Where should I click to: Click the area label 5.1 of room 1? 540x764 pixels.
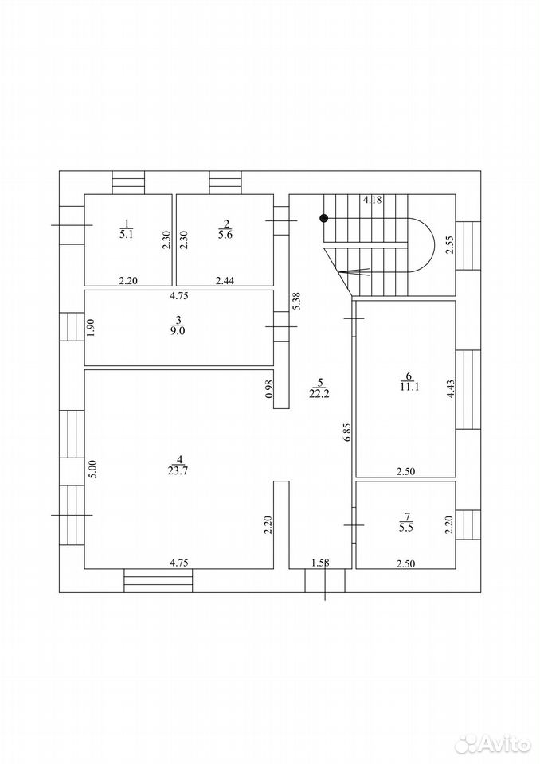127,234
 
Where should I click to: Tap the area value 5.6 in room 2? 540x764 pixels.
225,234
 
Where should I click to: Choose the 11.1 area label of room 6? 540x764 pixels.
409,387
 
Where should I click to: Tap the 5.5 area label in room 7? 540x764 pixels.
406,527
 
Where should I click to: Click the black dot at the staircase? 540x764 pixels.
323,219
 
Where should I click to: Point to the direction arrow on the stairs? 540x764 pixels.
354,272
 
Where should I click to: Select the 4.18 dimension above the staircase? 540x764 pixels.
373,199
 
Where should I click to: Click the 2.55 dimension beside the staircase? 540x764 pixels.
451,245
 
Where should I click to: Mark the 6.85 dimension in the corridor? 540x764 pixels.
347,432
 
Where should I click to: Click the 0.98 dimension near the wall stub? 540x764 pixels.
268,388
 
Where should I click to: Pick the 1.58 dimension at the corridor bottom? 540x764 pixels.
320,563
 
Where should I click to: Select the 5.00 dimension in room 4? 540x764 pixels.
94,470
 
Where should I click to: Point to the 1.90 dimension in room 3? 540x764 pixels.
90,327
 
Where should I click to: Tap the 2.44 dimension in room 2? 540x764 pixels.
225,280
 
